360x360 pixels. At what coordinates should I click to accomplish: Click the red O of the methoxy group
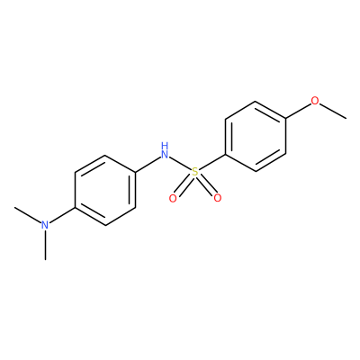[315, 101]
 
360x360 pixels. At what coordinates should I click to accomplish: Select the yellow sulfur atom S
[195, 172]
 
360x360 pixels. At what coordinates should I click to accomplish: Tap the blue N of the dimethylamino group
[45, 225]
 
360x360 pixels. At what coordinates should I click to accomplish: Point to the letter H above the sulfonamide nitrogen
[164, 147]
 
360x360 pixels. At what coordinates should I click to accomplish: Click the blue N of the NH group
[165, 155]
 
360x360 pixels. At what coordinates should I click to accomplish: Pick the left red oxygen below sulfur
[173, 198]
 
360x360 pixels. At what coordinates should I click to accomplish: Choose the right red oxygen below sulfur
[217, 198]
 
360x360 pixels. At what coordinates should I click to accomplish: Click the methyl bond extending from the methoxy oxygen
[333, 111]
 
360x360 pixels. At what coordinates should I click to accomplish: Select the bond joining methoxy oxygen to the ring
[298, 111]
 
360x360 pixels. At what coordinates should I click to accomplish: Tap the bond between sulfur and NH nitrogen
[180, 164]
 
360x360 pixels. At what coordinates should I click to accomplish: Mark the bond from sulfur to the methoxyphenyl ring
[212, 162]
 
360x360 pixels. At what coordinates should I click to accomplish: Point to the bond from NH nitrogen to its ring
[148, 165]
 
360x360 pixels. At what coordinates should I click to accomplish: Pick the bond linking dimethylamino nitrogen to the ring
[62, 215]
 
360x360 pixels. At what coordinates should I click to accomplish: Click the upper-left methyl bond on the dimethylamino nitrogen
[28, 215]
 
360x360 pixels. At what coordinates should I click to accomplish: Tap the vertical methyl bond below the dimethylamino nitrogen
[45, 245]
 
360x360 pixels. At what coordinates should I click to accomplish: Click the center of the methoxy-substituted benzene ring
[256, 137]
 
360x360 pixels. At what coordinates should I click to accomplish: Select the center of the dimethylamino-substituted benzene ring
[105, 190]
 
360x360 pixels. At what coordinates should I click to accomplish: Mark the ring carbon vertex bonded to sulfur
[225, 155]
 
